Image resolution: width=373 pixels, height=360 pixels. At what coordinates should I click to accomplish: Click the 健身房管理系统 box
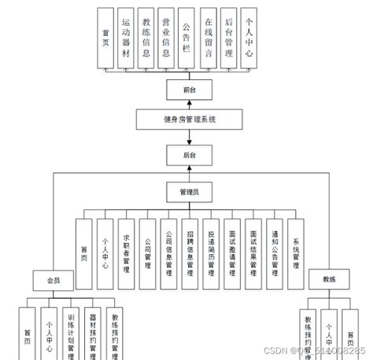[x=190, y=119]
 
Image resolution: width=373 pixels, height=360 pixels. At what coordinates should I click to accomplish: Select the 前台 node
[x=189, y=90]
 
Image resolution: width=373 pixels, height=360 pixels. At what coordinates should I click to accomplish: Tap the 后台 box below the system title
[x=189, y=156]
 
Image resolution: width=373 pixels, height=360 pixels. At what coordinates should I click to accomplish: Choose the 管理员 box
[x=189, y=191]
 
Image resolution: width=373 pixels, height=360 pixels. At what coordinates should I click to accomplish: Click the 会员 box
[x=53, y=280]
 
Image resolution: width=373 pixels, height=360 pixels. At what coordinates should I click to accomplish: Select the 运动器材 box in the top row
[x=126, y=38]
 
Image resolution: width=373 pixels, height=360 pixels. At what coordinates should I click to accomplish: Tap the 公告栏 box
[x=186, y=38]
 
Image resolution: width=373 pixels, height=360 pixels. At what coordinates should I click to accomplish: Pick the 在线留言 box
[x=208, y=38]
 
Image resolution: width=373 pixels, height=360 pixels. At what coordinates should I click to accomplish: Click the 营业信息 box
[x=166, y=38]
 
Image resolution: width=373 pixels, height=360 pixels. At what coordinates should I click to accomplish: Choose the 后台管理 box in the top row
[x=228, y=38]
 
